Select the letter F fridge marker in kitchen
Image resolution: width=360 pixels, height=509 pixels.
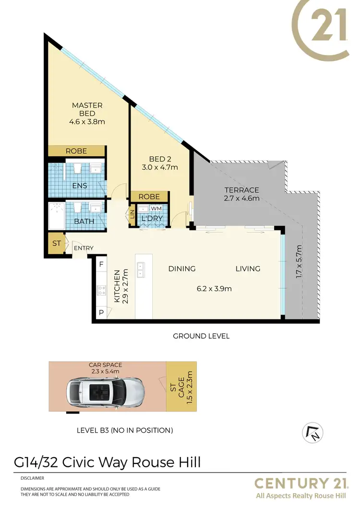[x=101, y=264]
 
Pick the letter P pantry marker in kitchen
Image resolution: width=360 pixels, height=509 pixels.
[x=101, y=312]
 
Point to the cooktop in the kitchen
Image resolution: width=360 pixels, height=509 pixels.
[x=101, y=290]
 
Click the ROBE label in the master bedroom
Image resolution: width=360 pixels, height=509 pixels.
[x=76, y=151]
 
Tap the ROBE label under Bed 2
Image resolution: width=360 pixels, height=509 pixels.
[x=149, y=197]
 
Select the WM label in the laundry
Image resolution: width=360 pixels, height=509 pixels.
[x=156, y=209]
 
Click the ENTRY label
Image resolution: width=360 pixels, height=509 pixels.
[x=83, y=248]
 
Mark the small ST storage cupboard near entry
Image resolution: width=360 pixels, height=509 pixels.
[x=57, y=243]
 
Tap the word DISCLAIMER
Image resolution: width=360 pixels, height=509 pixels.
[x=32, y=478]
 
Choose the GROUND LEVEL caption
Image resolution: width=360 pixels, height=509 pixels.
[x=201, y=336]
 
